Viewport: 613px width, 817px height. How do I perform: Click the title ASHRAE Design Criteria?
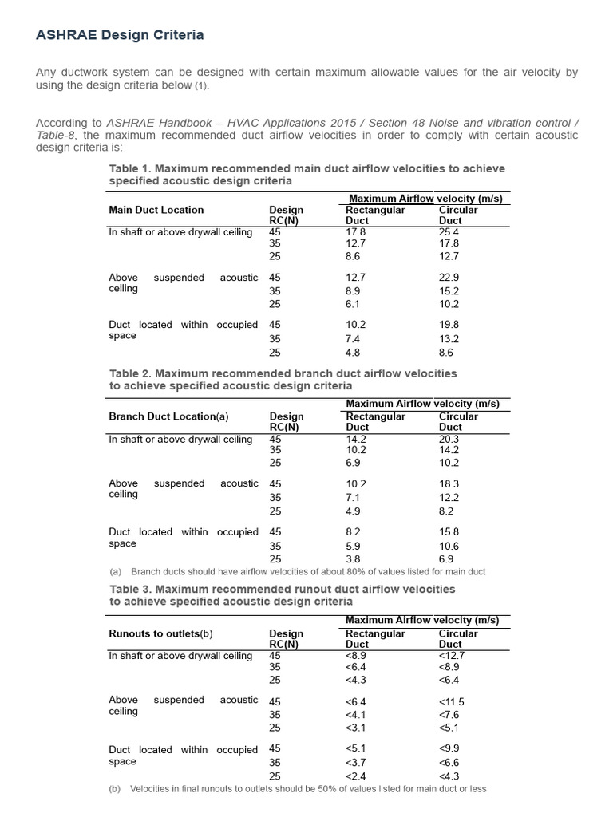click(x=120, y=35)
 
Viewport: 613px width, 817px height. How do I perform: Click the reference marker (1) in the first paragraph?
click(x=204, y=86)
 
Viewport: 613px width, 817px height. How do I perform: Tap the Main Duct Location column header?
click(x=156, y=210)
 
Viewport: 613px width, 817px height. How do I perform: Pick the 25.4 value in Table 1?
click(x=449, y=232)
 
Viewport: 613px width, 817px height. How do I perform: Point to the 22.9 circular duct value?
click(x=449, y=278)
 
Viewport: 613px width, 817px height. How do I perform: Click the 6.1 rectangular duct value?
click(x=353, y=304)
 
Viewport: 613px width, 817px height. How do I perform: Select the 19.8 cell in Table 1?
click(x=449, y=325)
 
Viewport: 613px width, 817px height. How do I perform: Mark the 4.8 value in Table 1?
click(x=353, y=352)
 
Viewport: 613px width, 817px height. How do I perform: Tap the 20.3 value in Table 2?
click(x=449, y=439)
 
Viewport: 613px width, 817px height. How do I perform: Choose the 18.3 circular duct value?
click(x=449, y=483)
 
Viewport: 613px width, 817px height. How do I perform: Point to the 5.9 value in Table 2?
click(x=353, y=546)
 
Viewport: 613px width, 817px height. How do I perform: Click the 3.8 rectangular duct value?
click(x=353, y=559)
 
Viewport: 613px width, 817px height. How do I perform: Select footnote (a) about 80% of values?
click(x=297, y=572)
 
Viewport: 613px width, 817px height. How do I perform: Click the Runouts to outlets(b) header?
click(x=160, y=633)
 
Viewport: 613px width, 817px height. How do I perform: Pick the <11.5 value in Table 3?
click(x=451, y=701)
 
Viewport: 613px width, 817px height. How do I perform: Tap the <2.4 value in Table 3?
click(x=356, y=776)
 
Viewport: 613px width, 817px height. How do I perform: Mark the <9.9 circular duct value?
click(x=449, y=748)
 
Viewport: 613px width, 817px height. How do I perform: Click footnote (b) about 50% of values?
click(x=297, y=789)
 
